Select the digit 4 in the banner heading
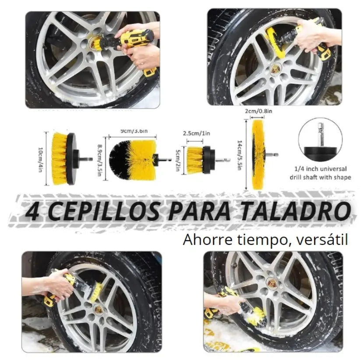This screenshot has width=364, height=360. (x=32, y=212)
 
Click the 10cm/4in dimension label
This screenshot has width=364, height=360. (x=40, y=159)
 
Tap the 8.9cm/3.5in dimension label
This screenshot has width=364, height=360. (x=100, y=160)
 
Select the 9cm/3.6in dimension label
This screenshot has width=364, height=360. (x=134, y=131)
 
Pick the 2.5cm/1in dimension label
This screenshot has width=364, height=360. (x=196, y=134)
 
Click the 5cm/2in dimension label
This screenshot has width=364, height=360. (x=177, y=160)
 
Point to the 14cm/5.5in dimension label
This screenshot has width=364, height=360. (x=240, y=155)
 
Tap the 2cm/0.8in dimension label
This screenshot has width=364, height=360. (x=258, y=111)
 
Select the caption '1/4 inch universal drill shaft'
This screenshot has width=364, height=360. (x=321, y=173)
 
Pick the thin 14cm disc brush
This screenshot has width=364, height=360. (x=258, y=154)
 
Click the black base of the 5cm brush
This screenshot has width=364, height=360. (x=207, y=160)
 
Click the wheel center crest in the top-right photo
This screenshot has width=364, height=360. (x=276, y=69)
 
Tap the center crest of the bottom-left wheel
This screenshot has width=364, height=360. (x=99, y=309)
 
